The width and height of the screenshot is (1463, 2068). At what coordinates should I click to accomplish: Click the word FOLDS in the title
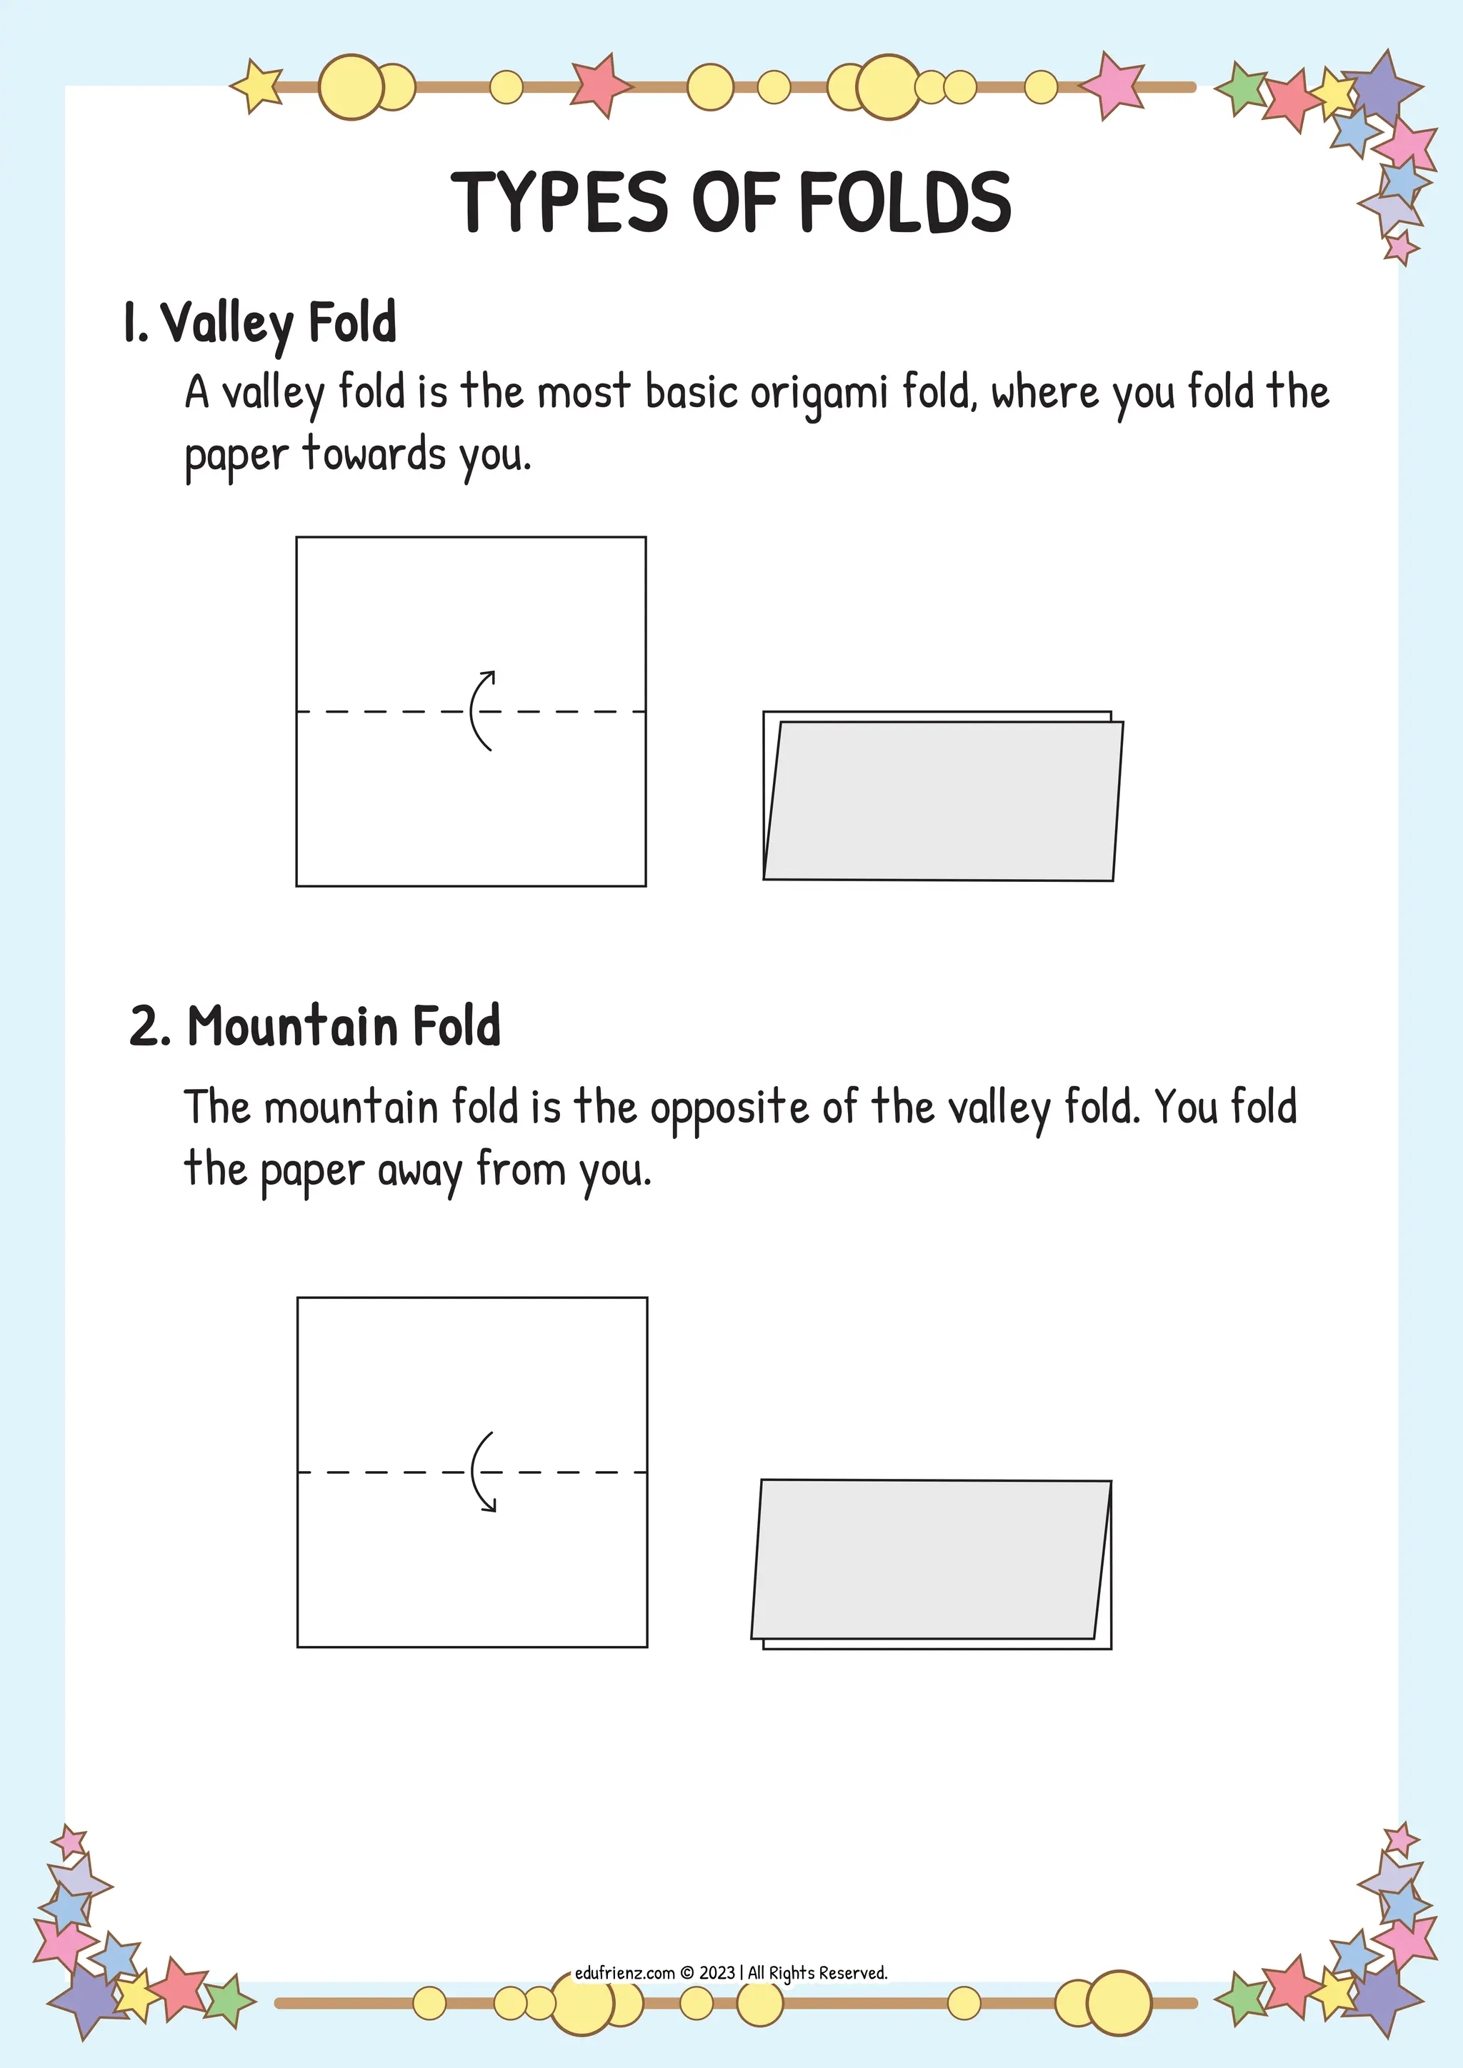click(x=904, y=202)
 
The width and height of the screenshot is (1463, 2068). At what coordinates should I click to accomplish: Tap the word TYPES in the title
click(x=559, y=202)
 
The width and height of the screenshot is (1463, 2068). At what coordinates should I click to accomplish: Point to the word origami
click(x=818, y=393)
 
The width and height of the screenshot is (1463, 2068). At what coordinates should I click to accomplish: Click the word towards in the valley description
click(x=374, y=455)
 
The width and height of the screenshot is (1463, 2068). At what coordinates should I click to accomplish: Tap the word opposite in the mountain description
click(x=729, y=1108)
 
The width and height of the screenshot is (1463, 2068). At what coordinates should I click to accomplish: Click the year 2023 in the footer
click(x=717, y=1972)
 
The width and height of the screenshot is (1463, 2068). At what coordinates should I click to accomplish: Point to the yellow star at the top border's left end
click(x=256, y=86)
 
